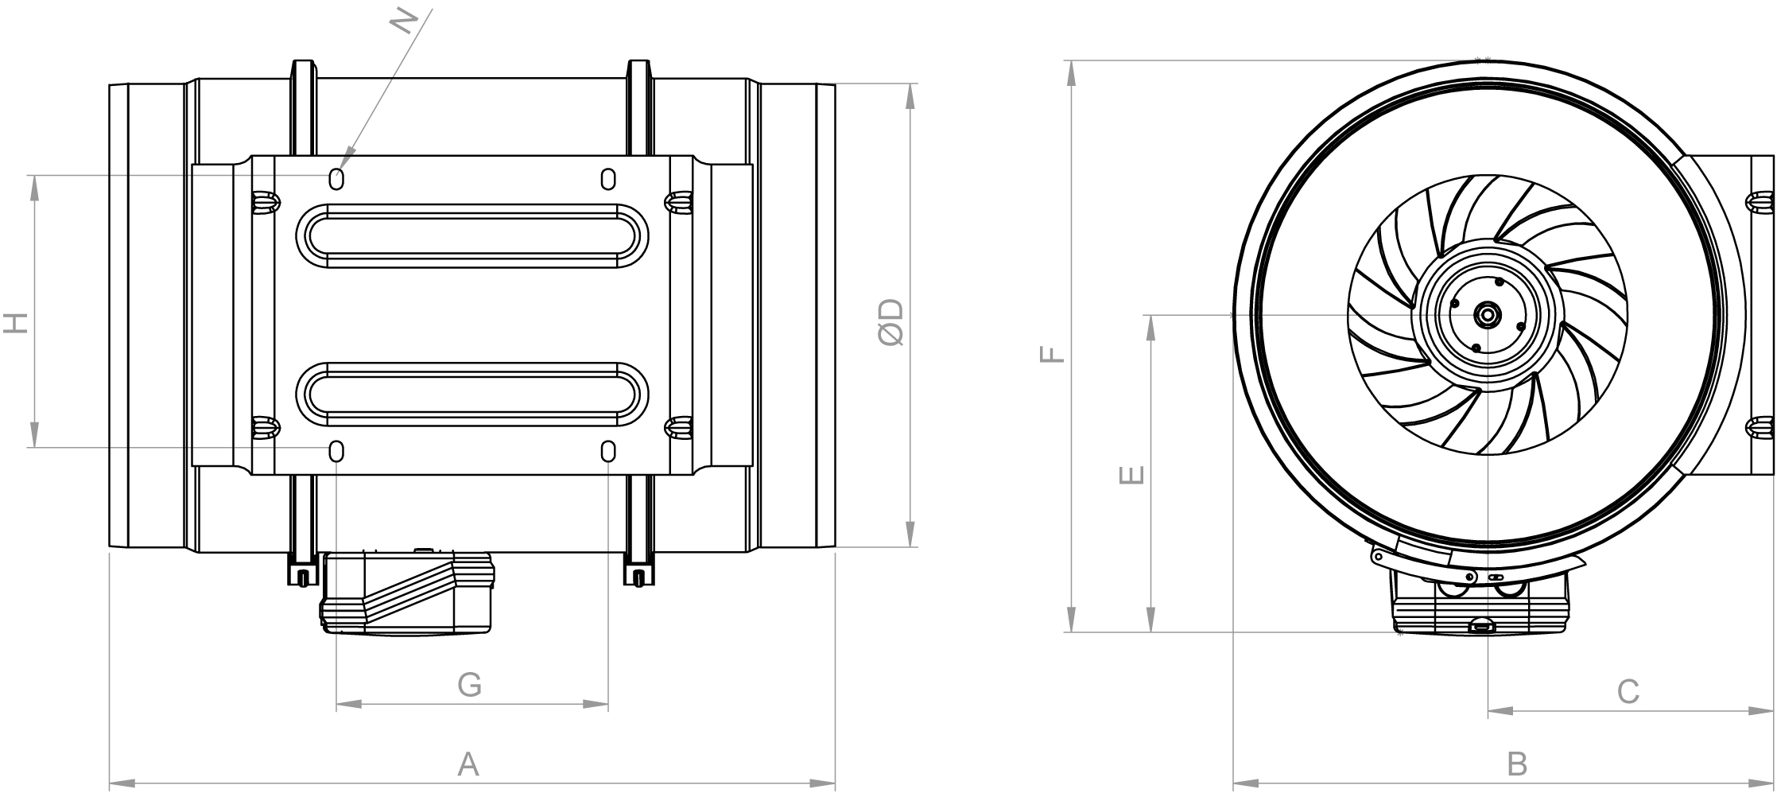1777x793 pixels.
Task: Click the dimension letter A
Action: pos(468,764)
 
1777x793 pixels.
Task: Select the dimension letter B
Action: pos(1518,764)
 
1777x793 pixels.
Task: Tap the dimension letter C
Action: pos(1628,692)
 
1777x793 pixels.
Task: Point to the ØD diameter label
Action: pos(892,323)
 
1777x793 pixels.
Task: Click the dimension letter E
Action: pos(1131,475)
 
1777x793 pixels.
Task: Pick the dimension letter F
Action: pos(1051,353)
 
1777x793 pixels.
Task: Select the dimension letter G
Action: pos(470,684)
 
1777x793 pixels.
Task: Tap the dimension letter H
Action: pos(16,322)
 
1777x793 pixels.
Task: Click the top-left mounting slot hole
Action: pos(336,179)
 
